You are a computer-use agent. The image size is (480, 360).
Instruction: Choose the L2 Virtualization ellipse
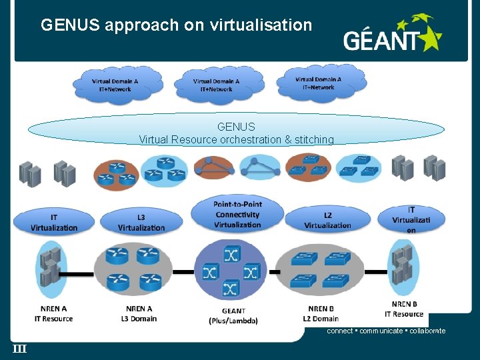tap(327, 220)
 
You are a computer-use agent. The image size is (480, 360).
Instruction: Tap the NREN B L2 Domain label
tap(323, 313)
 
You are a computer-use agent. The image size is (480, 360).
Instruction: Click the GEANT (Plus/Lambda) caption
tap(233, 315)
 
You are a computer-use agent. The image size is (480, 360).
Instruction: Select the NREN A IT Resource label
tap(53, 313)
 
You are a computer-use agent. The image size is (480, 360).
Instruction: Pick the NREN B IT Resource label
tap(404, 309)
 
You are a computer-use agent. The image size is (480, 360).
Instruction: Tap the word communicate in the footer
tap(381, 331)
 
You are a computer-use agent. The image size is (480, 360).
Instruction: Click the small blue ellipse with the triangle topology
tap(260, 167)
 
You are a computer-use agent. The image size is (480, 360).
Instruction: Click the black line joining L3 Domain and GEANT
tap(182, 271)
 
